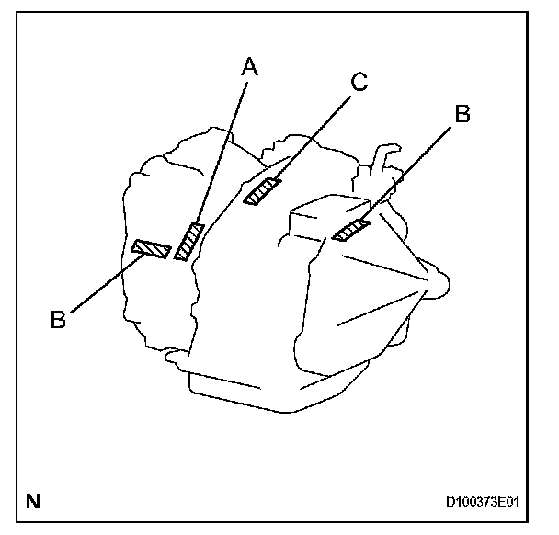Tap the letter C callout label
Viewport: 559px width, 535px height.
tap(358, 81)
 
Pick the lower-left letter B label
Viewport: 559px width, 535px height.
tap(58, 319)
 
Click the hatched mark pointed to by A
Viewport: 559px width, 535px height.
tap(188, 242)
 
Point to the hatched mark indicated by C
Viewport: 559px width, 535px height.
tap(263, 191)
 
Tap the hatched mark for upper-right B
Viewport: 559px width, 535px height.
tap(351, 230)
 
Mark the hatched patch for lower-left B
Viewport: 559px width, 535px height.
tap(151, 248)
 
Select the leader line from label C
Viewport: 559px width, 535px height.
tap(308, 138)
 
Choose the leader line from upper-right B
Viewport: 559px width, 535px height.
tap(408, 170)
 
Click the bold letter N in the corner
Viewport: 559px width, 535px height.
tap(33, 502)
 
